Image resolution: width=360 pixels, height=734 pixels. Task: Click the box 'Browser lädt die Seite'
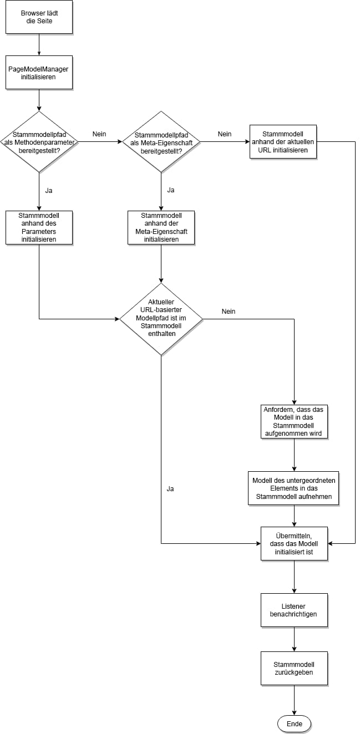[39, 17]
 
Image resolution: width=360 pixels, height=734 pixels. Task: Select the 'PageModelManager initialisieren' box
[39, 72]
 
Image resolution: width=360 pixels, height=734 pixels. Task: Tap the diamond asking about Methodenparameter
[39, 141]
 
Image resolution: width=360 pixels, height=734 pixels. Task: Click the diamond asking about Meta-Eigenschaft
[161, 141]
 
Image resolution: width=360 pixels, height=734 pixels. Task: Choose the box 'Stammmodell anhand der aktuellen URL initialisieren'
[283, 141]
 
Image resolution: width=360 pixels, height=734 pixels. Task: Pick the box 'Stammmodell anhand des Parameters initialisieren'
[39, 227]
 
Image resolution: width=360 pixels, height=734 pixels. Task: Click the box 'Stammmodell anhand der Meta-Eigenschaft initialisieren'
[161, 227]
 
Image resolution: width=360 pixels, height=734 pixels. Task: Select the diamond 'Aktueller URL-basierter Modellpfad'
[161, 319]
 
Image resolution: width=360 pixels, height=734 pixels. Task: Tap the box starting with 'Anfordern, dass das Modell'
[294, 422]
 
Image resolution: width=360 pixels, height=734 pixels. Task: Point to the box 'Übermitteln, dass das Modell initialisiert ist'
[294, 543]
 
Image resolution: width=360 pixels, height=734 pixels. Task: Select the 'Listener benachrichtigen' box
[294, 610]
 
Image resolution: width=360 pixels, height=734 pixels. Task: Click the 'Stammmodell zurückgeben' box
[294, 668]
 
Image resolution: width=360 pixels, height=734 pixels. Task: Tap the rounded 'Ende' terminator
[294, 724]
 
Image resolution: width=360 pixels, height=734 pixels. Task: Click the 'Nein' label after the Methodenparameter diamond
[99, 134]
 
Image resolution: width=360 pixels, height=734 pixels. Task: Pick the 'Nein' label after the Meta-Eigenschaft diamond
[224, 134]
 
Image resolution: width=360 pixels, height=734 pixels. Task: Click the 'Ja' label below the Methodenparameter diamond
[49, 190]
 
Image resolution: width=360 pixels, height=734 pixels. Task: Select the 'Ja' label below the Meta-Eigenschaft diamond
[171, 190]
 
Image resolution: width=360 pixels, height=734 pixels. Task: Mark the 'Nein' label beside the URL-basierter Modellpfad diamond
[229, 312]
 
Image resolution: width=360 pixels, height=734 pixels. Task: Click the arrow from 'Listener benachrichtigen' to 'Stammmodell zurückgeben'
[294, 639]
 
